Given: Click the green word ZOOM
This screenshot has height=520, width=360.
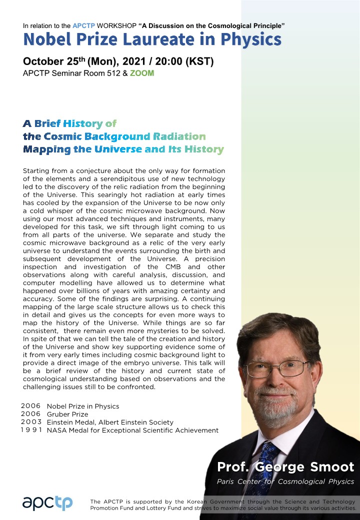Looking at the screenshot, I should pyautogui.click(x=142, y=73).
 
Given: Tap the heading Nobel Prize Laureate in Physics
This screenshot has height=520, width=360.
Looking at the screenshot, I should pyautogui.click(x=152, y=39).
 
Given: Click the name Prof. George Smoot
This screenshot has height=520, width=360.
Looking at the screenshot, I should pyautogui.click(x=285, y=467).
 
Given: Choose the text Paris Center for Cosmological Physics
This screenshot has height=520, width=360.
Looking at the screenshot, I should pyautogui.click(x=285, y=481).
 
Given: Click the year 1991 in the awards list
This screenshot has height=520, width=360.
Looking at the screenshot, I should pyautogui.click(x=31, y=430).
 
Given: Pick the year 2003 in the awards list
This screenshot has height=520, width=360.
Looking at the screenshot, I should pyautogui.click(x=31, y=422).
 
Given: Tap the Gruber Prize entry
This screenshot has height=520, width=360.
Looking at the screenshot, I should pyautogui.click(x=67, y=414).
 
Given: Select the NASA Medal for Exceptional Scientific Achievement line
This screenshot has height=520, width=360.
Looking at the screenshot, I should pyautogui.click(x=132, y=430).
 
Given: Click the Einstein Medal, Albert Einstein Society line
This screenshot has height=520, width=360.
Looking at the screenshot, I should pyautogui.click(x=110, y=422).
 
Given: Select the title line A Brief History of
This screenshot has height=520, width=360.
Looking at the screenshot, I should pyautogui.click(x=69, y=123).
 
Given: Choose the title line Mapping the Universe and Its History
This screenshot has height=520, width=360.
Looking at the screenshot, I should pyautogui.click(x=123, y=149).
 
